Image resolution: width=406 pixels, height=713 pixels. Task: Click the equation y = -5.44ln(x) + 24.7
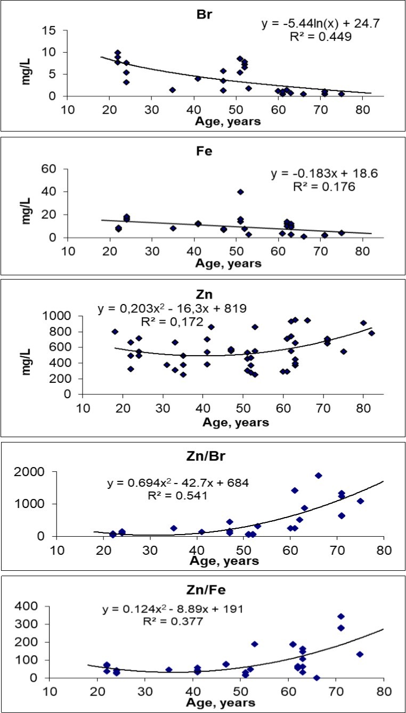(314, 23)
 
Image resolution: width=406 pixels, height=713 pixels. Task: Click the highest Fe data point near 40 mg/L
(240, 192)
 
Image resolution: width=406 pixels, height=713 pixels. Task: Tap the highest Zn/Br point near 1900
(318, 476)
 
